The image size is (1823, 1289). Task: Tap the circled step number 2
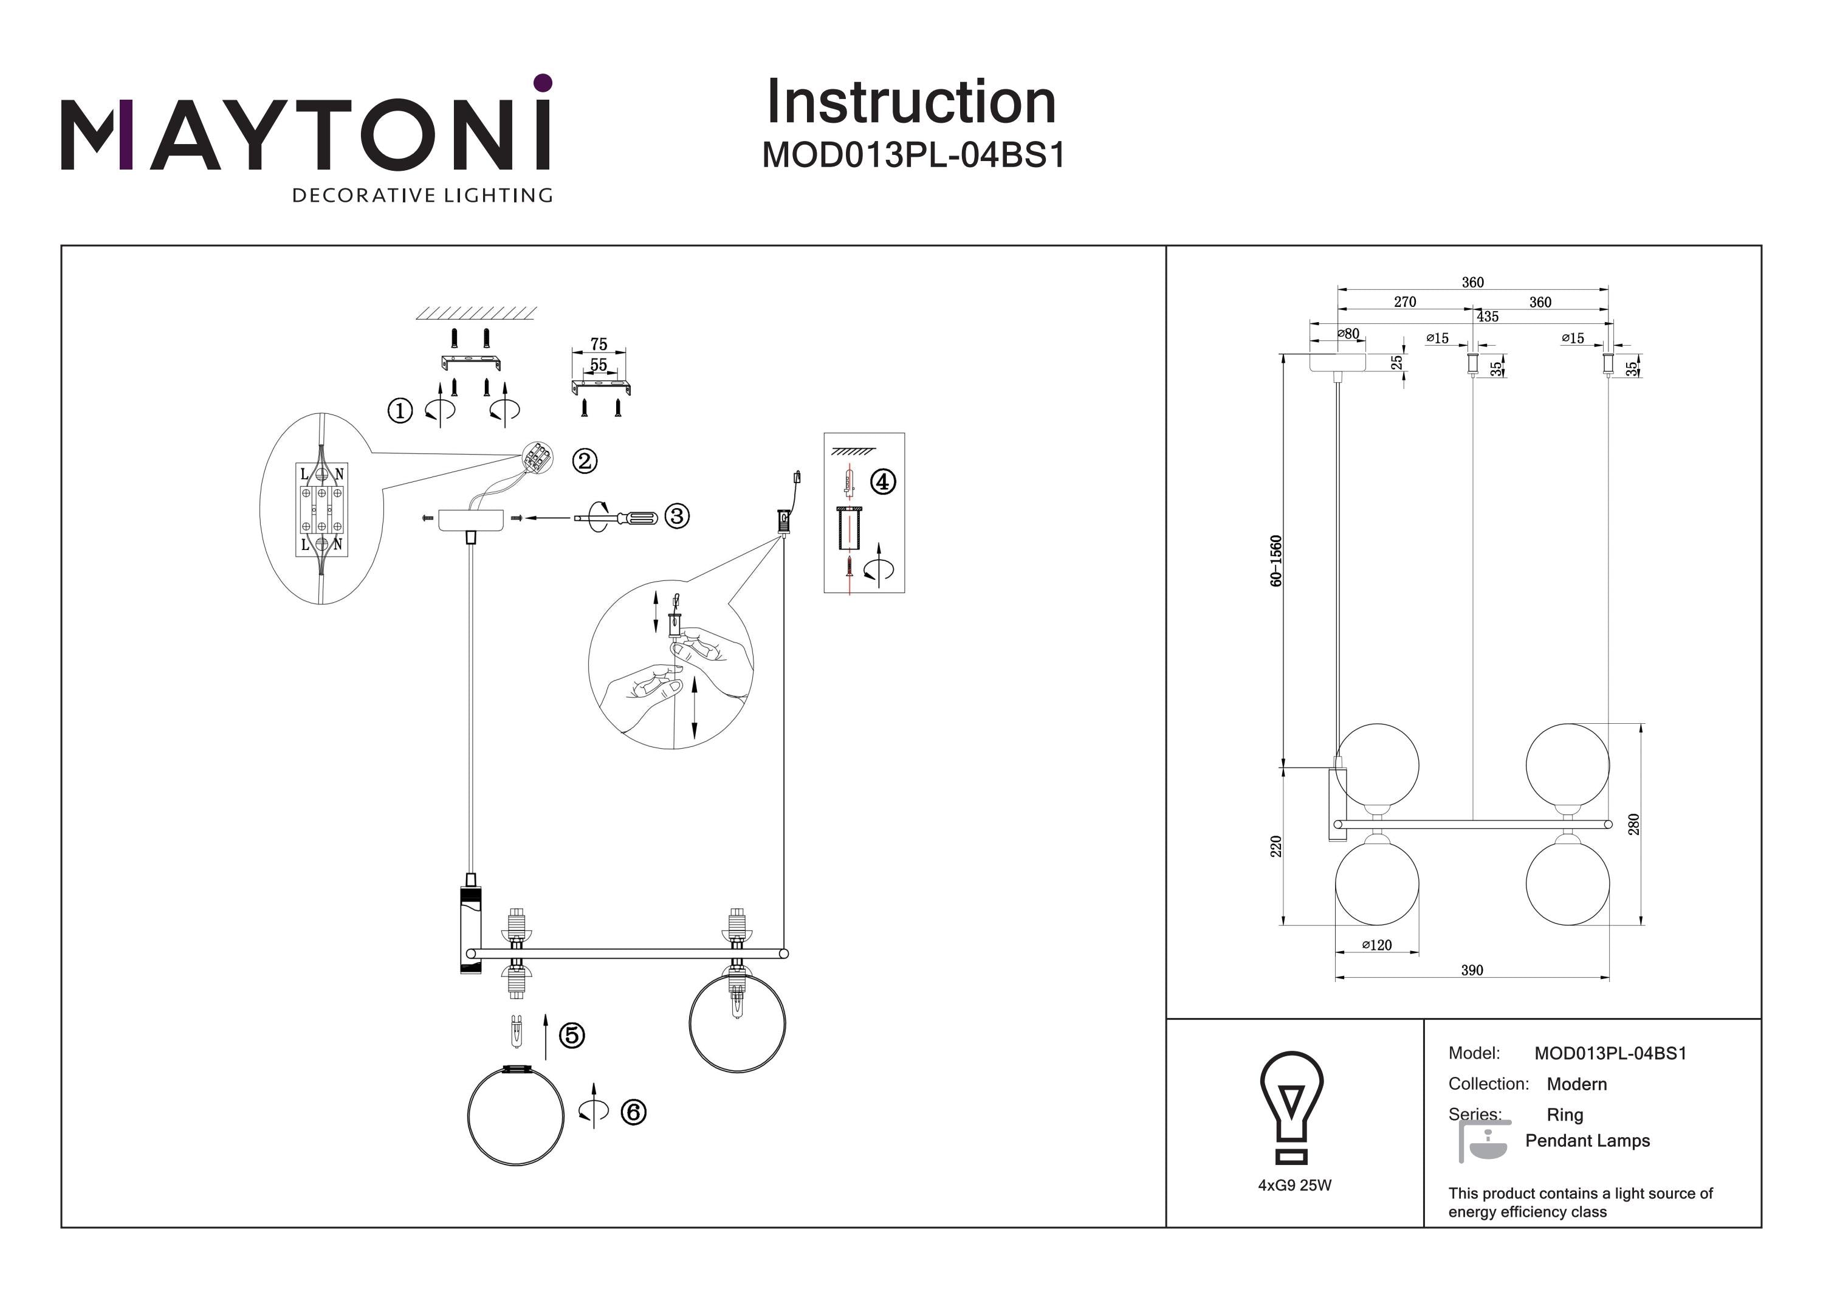[585, 461]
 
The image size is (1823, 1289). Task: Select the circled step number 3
[676, 516]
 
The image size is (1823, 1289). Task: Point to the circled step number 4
[883, 481]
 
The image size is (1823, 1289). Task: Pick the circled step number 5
[572, 1036]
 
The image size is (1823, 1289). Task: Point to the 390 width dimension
[1472, 970]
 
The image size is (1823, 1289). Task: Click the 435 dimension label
[1487, 317]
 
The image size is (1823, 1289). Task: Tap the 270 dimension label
[1404, 302]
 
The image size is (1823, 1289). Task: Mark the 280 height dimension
[1633, 823]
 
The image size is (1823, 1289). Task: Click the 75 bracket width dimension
[599, 344]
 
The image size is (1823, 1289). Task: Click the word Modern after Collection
[1577, 1084]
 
